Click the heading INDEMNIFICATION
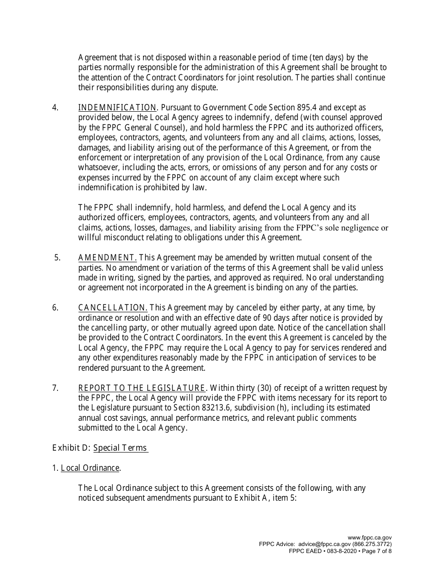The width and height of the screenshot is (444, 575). [117, 108]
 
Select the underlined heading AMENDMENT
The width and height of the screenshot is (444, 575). [107, 258]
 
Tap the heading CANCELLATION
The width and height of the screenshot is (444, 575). [113, 308]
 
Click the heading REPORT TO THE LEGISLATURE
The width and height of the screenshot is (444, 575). [141, 388]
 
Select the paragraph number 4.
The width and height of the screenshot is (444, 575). [55, 108]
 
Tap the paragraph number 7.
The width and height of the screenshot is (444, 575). [55, 388]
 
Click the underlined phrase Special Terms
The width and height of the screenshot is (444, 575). [120, 448]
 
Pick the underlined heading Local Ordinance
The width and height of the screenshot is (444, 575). [90, 468]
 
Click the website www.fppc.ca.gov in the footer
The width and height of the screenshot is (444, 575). [370, 538]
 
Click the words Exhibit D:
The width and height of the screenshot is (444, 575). [71, 448]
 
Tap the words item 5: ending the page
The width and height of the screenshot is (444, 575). [283, 498]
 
